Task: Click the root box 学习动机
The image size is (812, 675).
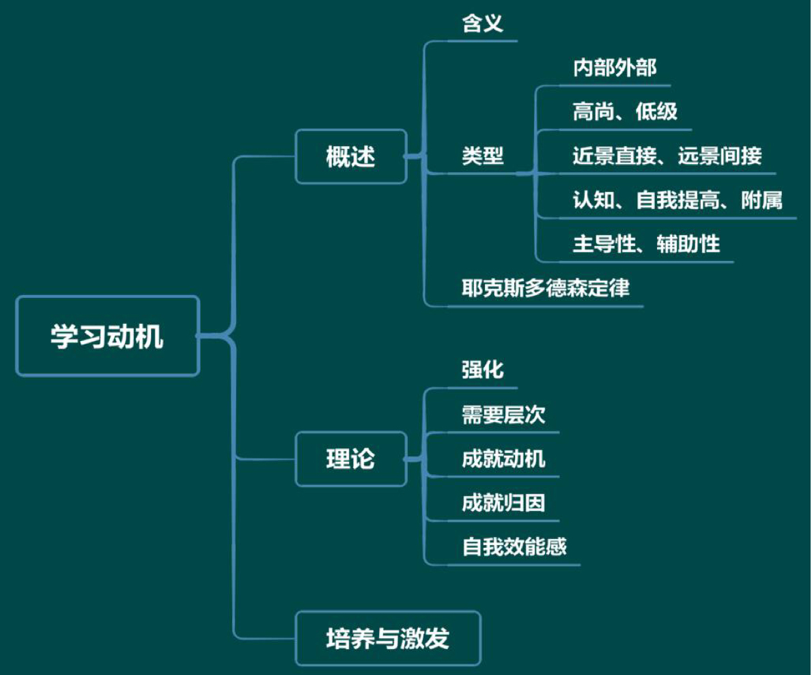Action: [107, 336]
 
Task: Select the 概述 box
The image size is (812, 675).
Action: [351, 156]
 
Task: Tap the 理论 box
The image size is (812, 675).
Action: [351, 459]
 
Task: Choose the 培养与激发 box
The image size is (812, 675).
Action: [388, 638]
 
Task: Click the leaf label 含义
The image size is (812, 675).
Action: [482, 25]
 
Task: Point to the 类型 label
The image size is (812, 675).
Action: [482, 156]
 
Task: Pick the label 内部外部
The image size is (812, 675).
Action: [615, 68]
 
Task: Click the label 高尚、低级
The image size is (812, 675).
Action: [625, 112]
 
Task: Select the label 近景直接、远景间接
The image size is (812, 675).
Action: [667, 156]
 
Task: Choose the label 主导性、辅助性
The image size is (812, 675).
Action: [646, 244]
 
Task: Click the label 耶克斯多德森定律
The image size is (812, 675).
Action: [545, 288]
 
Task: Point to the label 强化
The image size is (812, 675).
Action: [482, 370]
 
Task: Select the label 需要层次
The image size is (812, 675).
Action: [503, 414]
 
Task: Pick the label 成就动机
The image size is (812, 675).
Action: [503, 458]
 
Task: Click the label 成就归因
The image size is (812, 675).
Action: [503, 503]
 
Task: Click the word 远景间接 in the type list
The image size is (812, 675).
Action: [720, 156]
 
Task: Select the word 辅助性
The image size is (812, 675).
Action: [688, 244]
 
